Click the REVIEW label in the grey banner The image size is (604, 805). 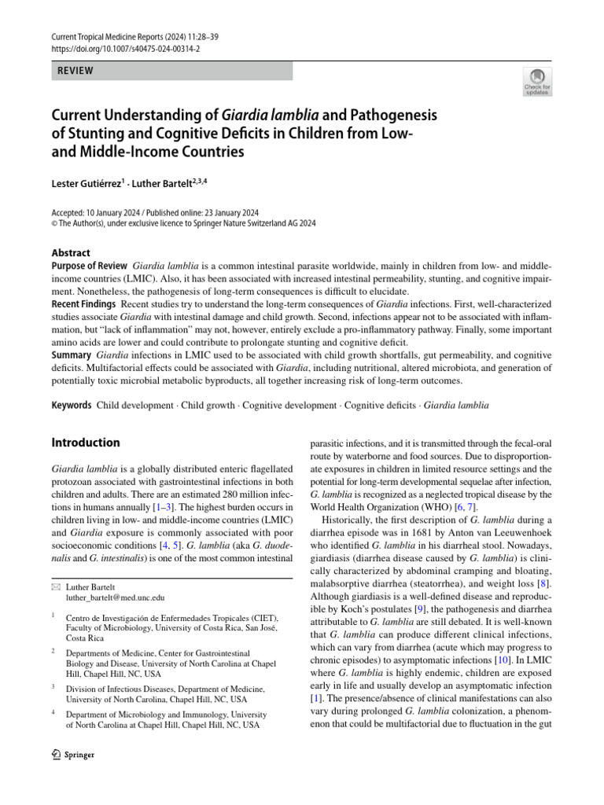coord(75,71)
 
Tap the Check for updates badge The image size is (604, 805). coord(536,81)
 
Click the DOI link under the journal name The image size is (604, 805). coord(126,48)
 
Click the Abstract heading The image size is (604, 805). coord(71,253)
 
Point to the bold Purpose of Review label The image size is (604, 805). coord(89,266)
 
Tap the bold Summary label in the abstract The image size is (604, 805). coord(72,355)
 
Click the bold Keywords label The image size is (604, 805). coord(72,406)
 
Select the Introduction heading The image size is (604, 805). coord(86,443)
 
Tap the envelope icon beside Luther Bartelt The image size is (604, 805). coord(55,586)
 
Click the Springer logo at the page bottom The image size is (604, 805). coord(72,755)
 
